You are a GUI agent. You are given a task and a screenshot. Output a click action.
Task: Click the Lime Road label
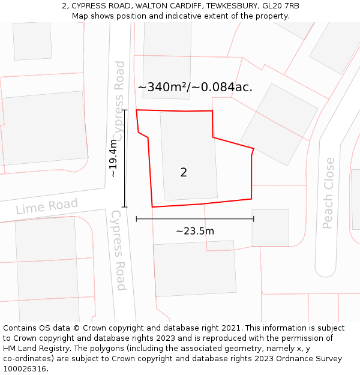[47, 206]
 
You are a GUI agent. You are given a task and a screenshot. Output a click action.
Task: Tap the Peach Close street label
[328, 193]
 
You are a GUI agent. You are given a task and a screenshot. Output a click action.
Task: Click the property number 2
[184, 173]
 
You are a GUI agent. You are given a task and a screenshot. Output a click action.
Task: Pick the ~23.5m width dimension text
[195, 231]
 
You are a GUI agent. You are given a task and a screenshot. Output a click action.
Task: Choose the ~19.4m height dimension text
[113, 158]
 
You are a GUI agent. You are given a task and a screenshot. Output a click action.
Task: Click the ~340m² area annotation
[195, 87]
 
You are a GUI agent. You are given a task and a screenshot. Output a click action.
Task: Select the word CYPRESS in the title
[91, 6]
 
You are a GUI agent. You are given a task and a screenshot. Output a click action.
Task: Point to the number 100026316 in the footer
[25, 369]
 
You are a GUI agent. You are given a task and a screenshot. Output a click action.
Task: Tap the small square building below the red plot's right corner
[270, 228]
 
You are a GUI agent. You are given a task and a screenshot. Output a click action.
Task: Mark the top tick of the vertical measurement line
[125, 110]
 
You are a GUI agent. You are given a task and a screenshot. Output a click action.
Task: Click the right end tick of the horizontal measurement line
[254, 219]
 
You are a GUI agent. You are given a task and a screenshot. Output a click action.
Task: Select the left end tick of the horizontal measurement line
[137, 219]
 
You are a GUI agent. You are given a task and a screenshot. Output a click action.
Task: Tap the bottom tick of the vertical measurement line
[125, 207]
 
